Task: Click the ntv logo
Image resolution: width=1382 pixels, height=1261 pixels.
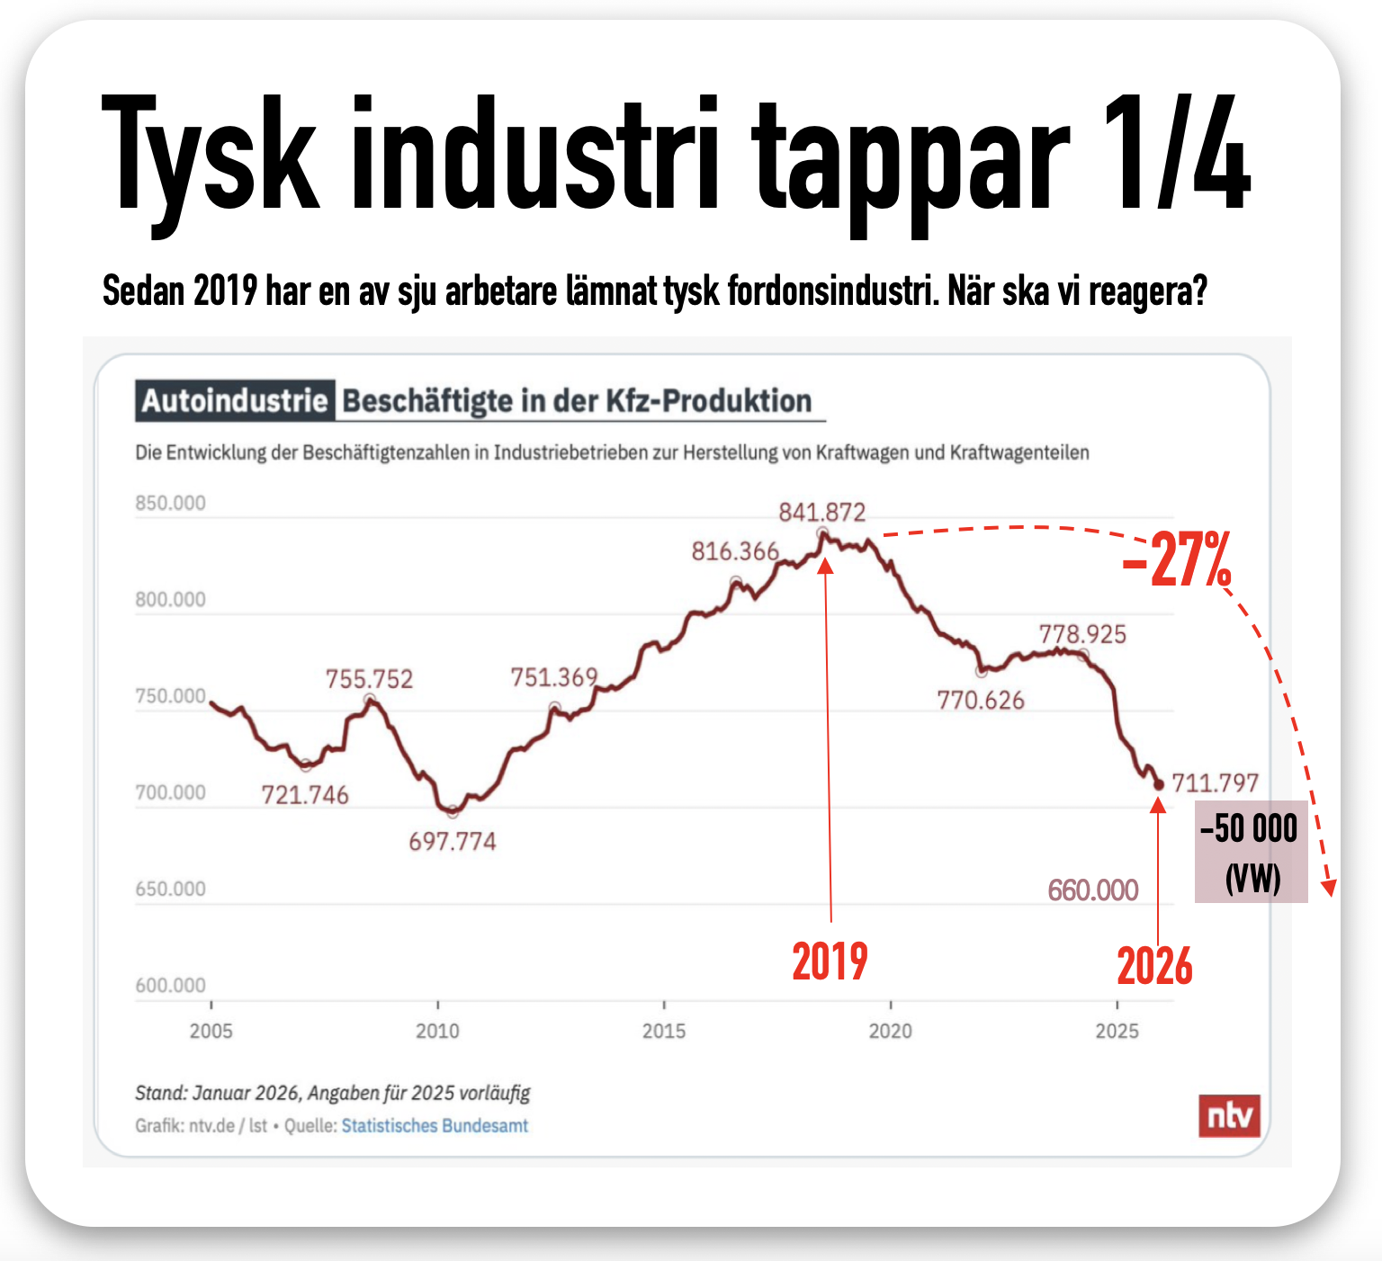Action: pyautogui.click(x=1229, y=1116)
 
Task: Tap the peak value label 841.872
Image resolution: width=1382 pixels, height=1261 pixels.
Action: pyautogui.click(x=821, y=513)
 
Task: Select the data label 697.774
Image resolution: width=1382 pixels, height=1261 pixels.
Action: pyautogui.click(x=452, y=842)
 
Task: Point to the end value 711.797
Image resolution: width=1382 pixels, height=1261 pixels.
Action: pyautogui.click(x=1215, y=783)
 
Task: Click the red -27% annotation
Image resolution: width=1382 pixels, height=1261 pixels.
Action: pyautogui.click(x=1177, y=559)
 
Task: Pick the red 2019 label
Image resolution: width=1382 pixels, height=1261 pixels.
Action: pyautogui.click(x=830, y=961)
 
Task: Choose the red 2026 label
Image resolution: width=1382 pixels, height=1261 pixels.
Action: pyautogui.click(x=1154, y=967)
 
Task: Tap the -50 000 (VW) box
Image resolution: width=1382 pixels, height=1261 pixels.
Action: pyautogui.click(x=1251, y=852)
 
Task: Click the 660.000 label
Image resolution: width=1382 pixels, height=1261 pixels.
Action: pyautogui.click(x=1093, y=890)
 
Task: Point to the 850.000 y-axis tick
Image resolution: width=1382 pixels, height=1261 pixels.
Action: pyautogui.click(x=170, y=504)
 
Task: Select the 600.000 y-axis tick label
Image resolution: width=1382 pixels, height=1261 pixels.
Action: pyautogui.click(x=170, y=986)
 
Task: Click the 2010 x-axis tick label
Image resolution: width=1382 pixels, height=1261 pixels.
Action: pyautogui.click(x=437, y=1032)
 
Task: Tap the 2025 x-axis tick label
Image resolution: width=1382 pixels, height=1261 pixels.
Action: pyautogui.click(x=1117, y=1032)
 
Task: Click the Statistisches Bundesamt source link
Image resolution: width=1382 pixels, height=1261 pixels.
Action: pyautogui.click(x=435, y=1126)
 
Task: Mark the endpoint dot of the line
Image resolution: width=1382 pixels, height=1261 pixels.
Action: pyautogui.click(x=1159, y=785)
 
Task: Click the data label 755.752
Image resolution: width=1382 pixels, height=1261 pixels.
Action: pyautogui.click(x=369, y=679)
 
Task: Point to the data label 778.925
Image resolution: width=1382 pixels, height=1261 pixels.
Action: pyautogui.click(x=1082, y=635)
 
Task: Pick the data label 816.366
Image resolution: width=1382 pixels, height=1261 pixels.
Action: pyautogui.click(x=734, y=551)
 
